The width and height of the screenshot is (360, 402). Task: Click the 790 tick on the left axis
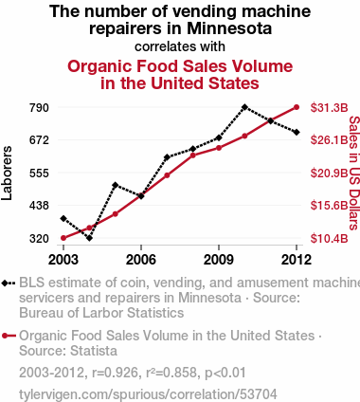coord(39,108)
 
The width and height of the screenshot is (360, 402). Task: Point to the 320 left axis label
coord(39,239)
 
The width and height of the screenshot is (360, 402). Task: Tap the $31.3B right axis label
coord(329,108)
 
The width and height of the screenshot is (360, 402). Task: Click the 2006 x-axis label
coord(141,260)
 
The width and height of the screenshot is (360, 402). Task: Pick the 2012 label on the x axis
coord(297,260)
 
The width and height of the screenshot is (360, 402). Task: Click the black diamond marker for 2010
coord(244,107)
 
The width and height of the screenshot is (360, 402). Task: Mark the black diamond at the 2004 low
coord(89,238)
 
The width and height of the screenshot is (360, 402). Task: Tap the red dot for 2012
coord(297,107)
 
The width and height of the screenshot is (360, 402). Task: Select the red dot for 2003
coord(63,238)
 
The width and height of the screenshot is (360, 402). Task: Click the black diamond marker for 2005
coord(116,185)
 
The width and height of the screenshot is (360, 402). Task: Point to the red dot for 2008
coord(193,155)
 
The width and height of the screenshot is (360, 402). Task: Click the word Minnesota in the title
coord(229,28)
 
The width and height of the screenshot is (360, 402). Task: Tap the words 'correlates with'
coord(180,46)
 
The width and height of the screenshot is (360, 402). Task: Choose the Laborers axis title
coord(7,173)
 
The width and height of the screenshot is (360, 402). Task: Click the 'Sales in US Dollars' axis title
coord(354,173)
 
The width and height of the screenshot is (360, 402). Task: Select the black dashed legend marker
coord(9,283)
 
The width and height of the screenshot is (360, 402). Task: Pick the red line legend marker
coord(9,336)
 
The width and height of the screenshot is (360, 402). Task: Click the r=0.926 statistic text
coord(116,373)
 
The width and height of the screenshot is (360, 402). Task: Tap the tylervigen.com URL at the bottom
coord(148,394)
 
